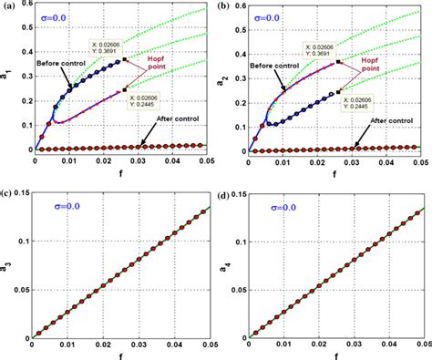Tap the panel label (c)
point(9,193)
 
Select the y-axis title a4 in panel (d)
point(227,266)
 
